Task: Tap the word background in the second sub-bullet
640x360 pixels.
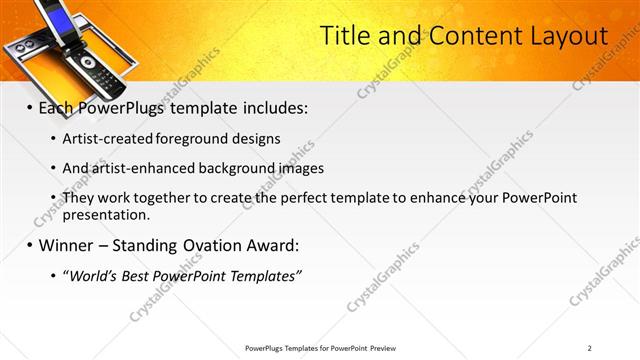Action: [246, 168]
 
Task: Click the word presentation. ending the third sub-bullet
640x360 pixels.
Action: [106, 215]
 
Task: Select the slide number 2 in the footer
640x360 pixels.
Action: [590, 348]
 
